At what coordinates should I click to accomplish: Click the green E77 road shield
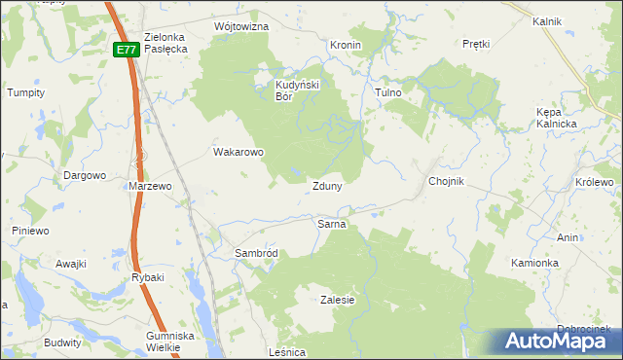125,50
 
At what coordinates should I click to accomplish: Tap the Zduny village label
326,186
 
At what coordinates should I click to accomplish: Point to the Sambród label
256,253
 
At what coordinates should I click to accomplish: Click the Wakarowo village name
238,152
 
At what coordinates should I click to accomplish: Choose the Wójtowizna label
240,26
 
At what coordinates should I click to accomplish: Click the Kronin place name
346,46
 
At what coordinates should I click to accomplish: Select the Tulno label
388,92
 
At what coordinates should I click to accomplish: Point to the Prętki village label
476,45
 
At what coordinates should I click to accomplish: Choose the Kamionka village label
534,263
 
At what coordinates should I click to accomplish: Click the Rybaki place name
148,277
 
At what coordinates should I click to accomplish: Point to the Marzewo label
150,185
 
